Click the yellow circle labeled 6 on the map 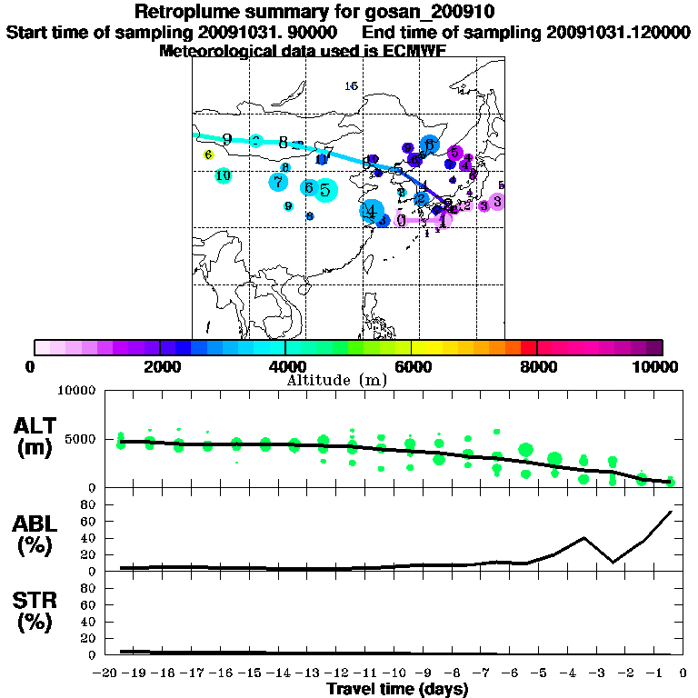click(x=208, y=155)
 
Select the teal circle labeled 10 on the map click(x=223, y=175)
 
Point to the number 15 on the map click(x=352, y=85)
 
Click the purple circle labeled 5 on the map click(x=455, y=153)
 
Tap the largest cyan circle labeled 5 click(x=326, y=189)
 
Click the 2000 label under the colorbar click(x=160, y=366)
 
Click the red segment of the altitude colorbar click(x=528, y=347)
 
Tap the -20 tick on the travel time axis click(x=106, y=674)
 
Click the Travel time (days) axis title click(x=397, y=690)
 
